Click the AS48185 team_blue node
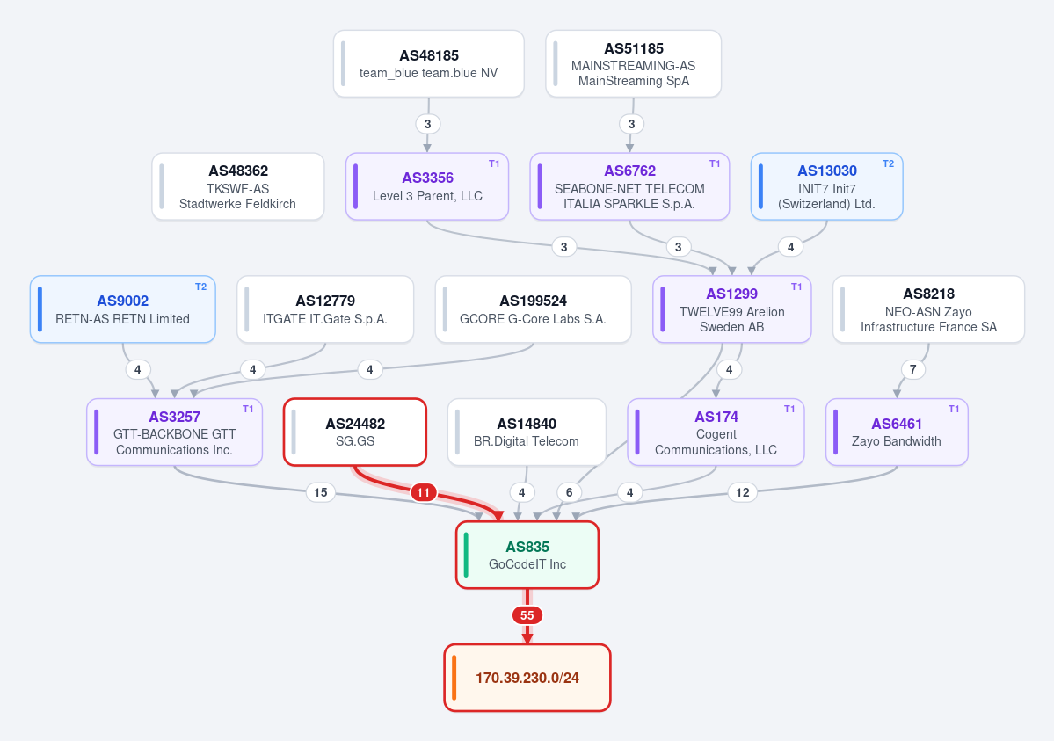(429, 64)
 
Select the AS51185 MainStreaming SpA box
(633, 64)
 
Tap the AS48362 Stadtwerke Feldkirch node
(238, 186)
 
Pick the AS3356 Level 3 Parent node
(427, 186)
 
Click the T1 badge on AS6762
(715, 164)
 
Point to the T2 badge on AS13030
(888, 164)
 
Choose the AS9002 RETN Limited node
(123, 309)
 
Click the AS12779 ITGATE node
(325, 309)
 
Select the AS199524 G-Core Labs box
(533, 309)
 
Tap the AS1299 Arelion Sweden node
(732, 309)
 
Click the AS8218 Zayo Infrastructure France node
(928, 309)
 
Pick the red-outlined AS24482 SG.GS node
(355, 432)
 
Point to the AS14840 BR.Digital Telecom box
(527, 432)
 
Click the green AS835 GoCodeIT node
(527, 556)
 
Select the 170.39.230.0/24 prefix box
(527, 678)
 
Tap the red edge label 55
(527, 615)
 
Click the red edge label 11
(423, 493)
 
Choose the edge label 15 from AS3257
(321, 492)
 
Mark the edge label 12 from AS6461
(742, 492)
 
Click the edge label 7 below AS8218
(912, 369)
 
